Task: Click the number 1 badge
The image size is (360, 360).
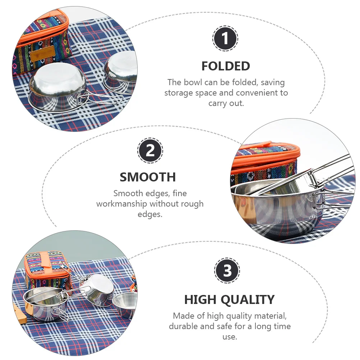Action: pyautogui.click(x=225, y=38)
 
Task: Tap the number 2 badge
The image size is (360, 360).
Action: pyautogui.click(x=150, y=150)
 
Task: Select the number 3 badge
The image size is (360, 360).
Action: pyautogui.click(x=227, y=271)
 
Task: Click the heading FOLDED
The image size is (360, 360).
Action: pyautogui.click(x=226, y=66)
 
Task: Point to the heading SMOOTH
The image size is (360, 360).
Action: pyautogui.click(x=148, y=177)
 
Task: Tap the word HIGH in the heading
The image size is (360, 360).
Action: pyautogui.click(x=198, y=299)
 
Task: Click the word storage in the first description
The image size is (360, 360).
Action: pyautogui.click(x=180, y=93)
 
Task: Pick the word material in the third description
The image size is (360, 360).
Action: pyautogui.click(x=268, y=316)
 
